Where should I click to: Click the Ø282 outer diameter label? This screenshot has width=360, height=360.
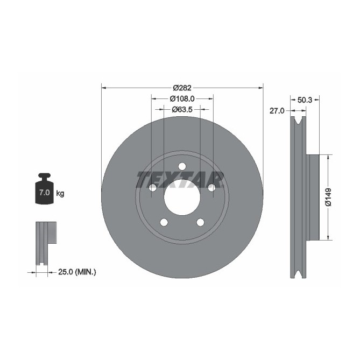(x=182, y=88)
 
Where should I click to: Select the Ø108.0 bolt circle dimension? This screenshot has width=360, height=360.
(x=182, y=99)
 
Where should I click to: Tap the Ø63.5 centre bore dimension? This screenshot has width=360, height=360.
(x=182, y=109)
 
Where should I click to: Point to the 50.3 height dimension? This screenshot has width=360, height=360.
(x=305, y=100)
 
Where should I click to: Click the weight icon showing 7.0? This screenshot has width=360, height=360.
(x=44, y=189)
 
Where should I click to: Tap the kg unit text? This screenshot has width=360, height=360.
(x=60, y=193)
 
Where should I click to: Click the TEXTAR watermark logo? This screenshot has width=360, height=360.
(x=180, y=179)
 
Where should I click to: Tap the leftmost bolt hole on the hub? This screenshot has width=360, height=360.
(x=152, y=187)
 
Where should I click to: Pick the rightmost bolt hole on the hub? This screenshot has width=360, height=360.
(x=211, y=187)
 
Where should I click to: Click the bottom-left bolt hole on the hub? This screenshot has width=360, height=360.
(x=164, y=222)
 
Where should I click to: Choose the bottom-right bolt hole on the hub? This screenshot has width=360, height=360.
(x=200, y=222)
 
